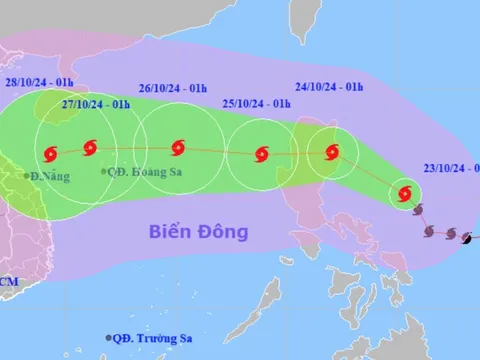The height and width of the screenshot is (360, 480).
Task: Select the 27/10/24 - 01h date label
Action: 96,104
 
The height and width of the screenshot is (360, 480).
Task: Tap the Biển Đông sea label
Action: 198,232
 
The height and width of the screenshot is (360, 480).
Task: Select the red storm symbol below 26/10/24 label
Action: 178,150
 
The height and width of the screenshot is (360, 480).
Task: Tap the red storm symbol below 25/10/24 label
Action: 262,154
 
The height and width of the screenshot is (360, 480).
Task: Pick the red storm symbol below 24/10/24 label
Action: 333,152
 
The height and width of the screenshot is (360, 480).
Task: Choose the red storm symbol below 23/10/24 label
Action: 405,193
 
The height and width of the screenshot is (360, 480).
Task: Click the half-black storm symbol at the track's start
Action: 467,237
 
